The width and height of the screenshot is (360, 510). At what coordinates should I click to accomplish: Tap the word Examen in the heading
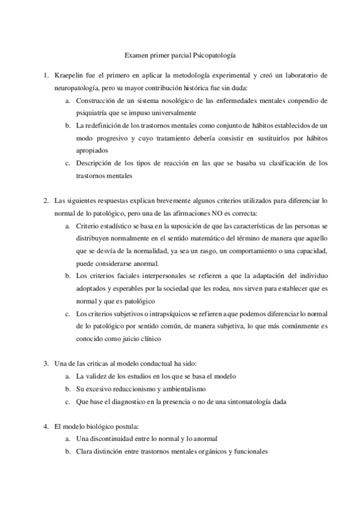tap(136, 55)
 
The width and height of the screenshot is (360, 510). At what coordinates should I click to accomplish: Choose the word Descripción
tap(95, 162)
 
